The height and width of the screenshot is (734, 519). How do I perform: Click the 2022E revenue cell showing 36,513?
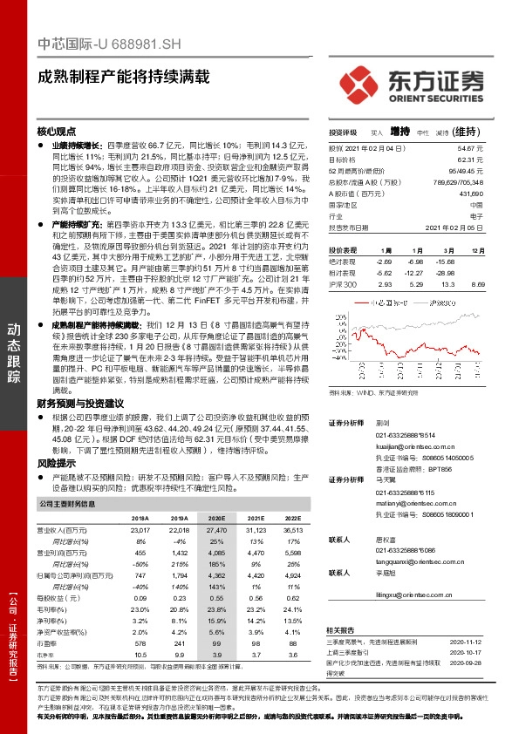coord(291,530)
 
